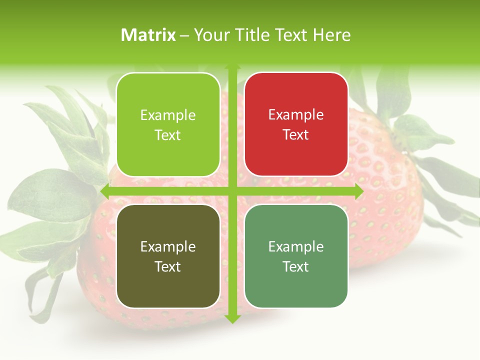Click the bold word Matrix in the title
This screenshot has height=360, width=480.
tap(148, 35)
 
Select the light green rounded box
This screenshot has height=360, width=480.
tap(168, 124)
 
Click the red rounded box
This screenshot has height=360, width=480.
tap(296, 124)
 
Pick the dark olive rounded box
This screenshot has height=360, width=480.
tap(168, 256)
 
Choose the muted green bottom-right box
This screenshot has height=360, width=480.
tap(296, 256)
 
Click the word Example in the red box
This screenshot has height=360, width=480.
tap(296, 115)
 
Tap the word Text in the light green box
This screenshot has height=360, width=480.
tap(167, 135)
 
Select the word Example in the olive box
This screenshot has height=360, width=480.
tap(168, 246)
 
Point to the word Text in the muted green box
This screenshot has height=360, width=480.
tap(296, 266)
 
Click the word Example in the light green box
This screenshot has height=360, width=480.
tap(168, 115)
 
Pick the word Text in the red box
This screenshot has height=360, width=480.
tap(296, 134)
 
